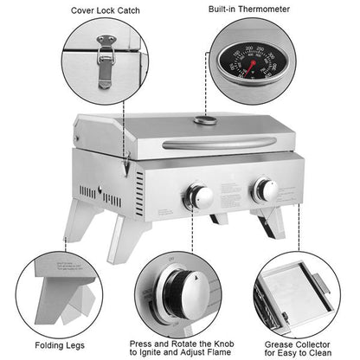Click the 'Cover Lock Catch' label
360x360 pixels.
[106, 10]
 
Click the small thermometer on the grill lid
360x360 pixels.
[204, 119]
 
